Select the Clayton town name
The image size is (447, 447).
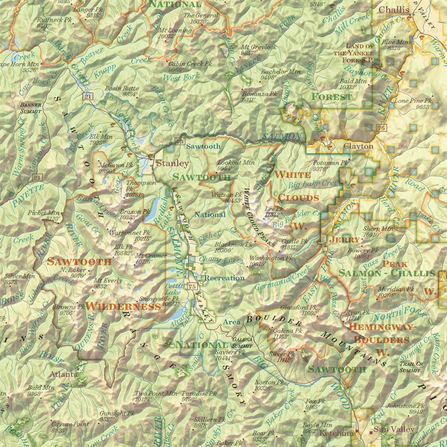pos(358,146)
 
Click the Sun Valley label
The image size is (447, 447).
pos(388,429)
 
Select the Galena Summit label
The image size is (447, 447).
pos(242,342)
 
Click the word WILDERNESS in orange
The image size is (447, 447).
pos(123,307)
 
